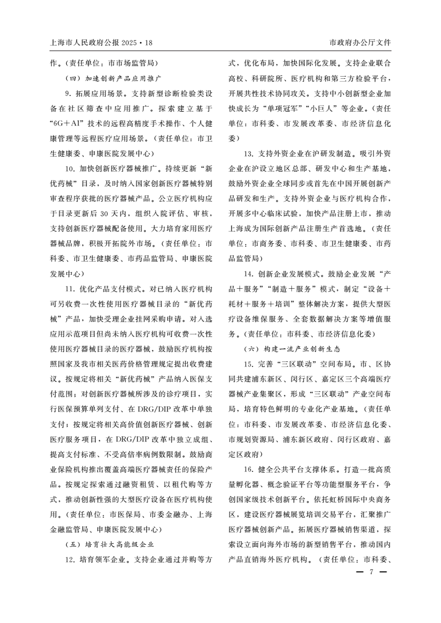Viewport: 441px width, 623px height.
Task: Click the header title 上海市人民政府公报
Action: click(x=83, y=43)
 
